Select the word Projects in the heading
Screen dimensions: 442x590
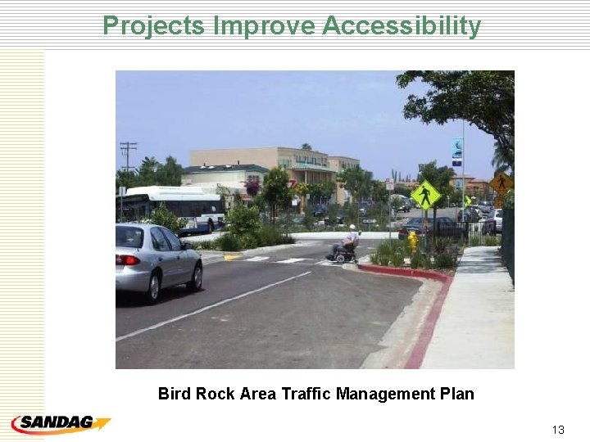[152, 26]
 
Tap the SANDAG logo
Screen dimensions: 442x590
[60, 424]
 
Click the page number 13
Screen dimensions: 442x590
[558, 430]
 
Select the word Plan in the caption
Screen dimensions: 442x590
[456, 394]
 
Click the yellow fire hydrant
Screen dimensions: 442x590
[413, 241]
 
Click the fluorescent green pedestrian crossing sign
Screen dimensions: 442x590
[425, 195]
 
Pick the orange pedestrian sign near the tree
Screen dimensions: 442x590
[501, 183]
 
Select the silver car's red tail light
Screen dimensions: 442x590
[128, 260]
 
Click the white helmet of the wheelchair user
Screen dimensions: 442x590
[352, 228]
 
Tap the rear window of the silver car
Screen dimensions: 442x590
[129, 237]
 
